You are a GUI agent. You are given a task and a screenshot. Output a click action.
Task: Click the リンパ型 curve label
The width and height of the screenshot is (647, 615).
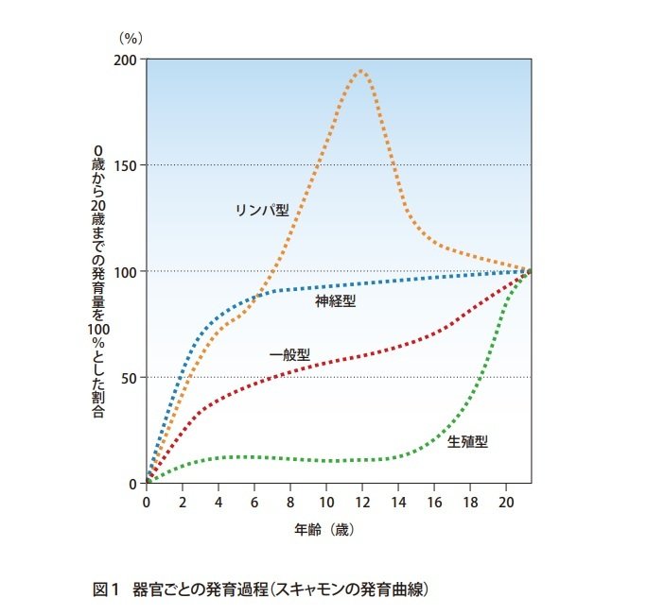[x=261, y=210]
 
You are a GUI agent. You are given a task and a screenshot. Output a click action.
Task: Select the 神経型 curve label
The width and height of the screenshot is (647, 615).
[x=336, y=301]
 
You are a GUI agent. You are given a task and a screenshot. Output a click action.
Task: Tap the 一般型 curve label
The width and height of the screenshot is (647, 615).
[x=289, y=355]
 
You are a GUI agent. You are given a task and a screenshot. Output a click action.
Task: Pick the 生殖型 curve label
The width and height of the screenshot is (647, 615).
[x=467, y=441]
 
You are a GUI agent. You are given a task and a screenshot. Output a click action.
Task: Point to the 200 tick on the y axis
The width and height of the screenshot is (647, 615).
[x=126, y=60]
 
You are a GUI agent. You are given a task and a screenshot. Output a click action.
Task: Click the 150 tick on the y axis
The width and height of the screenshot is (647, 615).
[x=126, y=165]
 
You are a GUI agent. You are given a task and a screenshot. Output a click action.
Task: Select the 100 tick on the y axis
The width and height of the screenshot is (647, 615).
[x=126, y=271]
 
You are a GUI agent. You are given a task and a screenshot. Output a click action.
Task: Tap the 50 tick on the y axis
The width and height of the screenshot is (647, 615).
[x=130, y=378]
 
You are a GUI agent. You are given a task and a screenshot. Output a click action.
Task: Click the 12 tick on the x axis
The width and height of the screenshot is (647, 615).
[x=362, y=501]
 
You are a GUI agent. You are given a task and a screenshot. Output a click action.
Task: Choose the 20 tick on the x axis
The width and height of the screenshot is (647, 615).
[x=506, y=501]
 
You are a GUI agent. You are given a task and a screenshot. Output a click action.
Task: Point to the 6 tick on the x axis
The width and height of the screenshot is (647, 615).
[x=254, y=501]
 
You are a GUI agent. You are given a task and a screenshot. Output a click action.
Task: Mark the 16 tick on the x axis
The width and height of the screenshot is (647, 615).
[x=434, y=501]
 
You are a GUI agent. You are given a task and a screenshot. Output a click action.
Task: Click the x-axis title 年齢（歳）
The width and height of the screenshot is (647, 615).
[x=323, y=529]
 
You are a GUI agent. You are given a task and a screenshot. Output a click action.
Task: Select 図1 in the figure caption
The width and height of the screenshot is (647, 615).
[x=104, y=589]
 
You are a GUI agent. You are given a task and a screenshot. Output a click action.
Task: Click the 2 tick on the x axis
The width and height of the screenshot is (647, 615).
[x=183, y=501]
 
